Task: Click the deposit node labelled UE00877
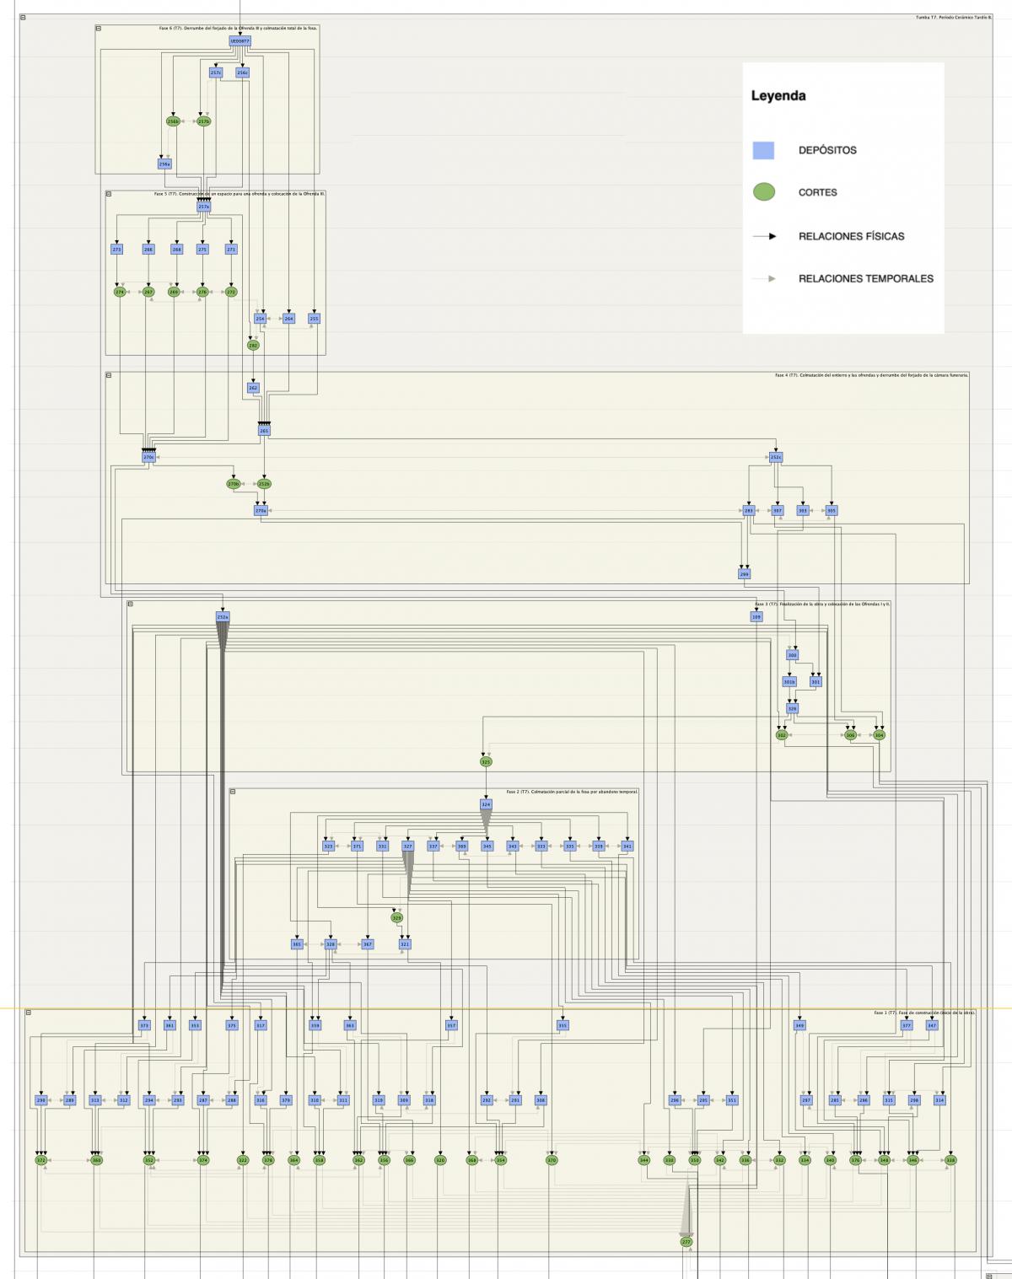coord(240,41)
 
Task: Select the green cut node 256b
coord(173,121)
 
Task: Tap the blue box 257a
coord(203,207)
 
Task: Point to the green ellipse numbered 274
coord(119,292)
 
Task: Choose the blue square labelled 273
coord(117,250)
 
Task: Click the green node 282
coord(253,345)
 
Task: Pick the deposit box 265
coord(264,431)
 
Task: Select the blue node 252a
coord(223,617)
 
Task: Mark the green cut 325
coord(485,761)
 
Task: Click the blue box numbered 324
coord(486,804)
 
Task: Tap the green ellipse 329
coord(397,917)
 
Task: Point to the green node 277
coord(686,1242)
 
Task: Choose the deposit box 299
coord(745,574)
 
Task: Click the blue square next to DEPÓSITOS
coord(763,150)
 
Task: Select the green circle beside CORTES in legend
coord(763,192)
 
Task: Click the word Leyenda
coord(778,96)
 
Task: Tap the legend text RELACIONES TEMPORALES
coord(865,278)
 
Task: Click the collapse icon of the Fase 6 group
coord(99,28)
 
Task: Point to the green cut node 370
coord(552,1160)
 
